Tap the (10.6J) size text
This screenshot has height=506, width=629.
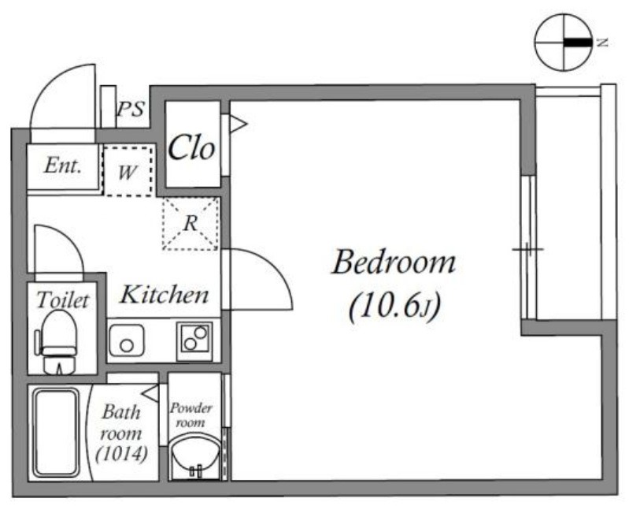coord(395,306)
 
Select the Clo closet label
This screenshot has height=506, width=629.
coord(191,147)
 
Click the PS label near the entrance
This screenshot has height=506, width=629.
coord(131,109)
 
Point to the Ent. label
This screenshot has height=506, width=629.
coord(63,165)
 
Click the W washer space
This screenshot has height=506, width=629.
coord(128,171)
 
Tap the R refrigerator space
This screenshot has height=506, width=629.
coord(191,223)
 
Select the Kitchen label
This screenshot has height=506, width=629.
coord(165,294)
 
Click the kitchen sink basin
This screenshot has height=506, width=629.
coord(127,341)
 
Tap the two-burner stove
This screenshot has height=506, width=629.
coord(194,339)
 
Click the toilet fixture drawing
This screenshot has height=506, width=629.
coord(57,342)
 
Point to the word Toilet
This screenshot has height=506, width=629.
coord(63,300)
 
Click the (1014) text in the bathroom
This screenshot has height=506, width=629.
coord(121,454)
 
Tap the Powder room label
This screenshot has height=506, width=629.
coord(191,415)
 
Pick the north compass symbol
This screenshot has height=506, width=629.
coord(564,43)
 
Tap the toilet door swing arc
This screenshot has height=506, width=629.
coord(71,240)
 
